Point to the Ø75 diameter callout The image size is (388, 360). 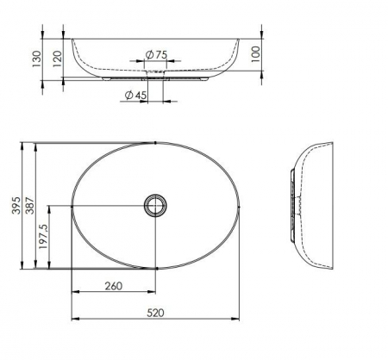click(155, 54)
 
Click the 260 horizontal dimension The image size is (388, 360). click(113, 286)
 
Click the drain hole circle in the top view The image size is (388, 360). click(156, 205)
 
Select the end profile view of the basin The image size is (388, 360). click(310, 204)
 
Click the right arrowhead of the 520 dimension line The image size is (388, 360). click(238, 321)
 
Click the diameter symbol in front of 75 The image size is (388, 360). click(148, 54)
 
